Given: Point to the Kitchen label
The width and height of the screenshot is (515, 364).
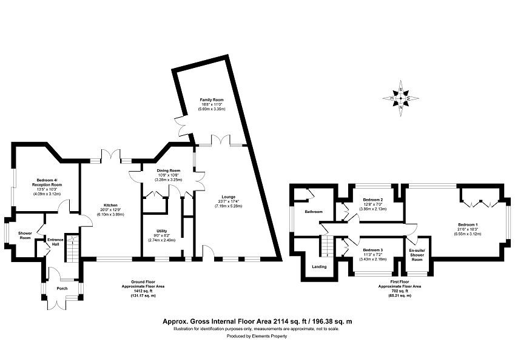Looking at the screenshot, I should [110, 205].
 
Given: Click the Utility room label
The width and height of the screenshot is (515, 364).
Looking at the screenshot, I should [161, 231].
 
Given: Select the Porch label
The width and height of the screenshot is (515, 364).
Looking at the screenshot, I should [62, 288].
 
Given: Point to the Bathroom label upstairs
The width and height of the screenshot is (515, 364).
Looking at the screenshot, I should [314, 212].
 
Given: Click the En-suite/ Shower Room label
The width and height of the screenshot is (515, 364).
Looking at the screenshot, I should [417, 254].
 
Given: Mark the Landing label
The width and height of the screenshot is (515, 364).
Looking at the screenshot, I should [319, 266].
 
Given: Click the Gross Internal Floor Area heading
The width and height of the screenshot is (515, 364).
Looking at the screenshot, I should [257, 322].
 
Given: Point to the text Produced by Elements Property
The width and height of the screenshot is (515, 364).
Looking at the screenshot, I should [257, 335].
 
